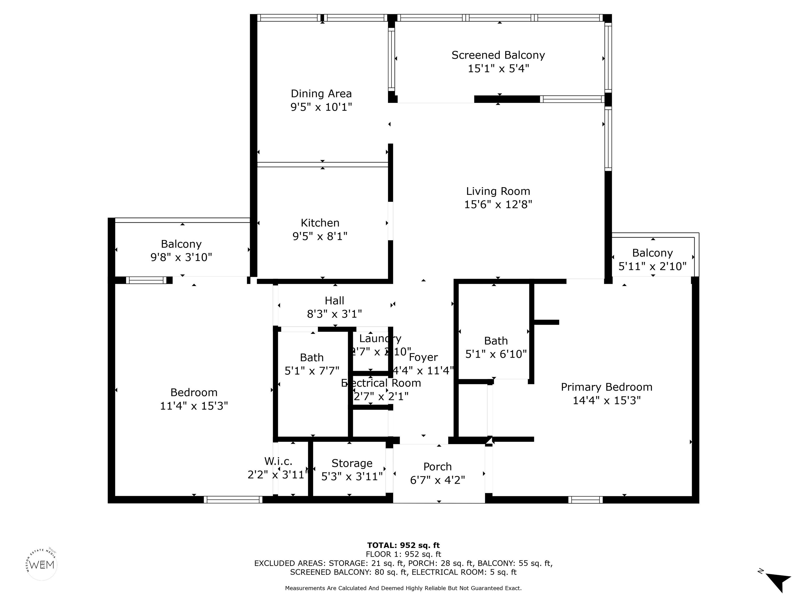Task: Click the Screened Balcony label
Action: [x=498, y=55]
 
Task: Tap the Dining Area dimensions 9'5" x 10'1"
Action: [x=321, y=107]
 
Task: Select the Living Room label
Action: [x=498, y=191]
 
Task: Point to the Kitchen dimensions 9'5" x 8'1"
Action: [x=320, y=236]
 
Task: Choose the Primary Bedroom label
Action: [x=606, y=387]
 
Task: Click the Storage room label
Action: [x=352, y=463]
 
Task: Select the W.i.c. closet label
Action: [x=278, y=461]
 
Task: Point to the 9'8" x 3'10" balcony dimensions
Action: [x=181, y=257]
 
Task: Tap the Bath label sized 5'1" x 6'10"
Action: [x=496, y=341]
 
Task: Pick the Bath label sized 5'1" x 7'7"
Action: [x=312, y=357]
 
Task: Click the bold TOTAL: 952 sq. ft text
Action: [x=403, y=545]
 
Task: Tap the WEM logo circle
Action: [x=42, y=565]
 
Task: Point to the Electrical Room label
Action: [x=381, y=383]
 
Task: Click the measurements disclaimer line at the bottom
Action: [x=403, y=588]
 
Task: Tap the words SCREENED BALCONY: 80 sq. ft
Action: [x=348, y=572]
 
